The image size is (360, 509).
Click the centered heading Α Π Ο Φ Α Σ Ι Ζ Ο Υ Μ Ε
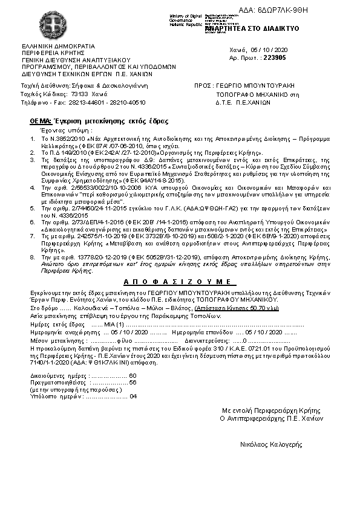[176, 282]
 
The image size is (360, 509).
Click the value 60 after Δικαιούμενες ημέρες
[133, 375]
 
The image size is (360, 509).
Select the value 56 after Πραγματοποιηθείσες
[133, 382]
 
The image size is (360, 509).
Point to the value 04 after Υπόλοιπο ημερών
[134, 396]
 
